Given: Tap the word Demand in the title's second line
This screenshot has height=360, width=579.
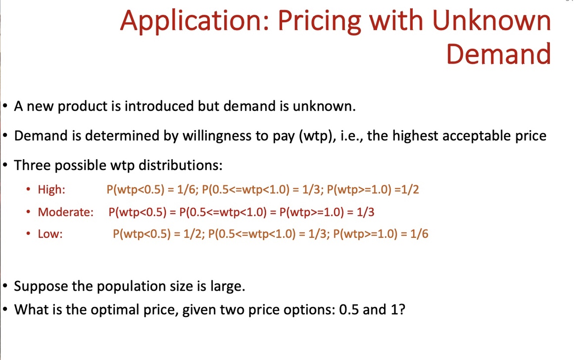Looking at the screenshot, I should tap(498, 54).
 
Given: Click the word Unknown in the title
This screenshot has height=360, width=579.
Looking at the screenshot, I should tap(491, 21).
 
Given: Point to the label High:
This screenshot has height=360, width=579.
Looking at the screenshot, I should tap(51, 189).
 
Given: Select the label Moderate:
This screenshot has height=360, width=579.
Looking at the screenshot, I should tap(65, 212).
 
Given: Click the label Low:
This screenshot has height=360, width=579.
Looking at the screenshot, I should tap(50, 234).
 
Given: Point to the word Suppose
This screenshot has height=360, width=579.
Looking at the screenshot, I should tap(41, 286).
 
